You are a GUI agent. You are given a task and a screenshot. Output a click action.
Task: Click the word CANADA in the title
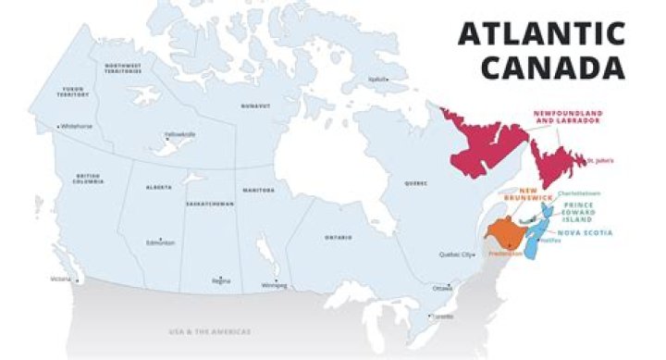pos(552,68)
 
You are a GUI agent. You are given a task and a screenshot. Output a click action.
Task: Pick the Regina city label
pos(220,280)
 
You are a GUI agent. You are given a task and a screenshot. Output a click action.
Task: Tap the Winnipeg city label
pos(275,285)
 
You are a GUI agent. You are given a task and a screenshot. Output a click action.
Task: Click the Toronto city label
pos(443,317)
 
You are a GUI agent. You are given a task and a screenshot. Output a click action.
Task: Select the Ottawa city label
pos(442,289)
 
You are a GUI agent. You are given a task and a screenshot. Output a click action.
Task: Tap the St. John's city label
pos(599,160)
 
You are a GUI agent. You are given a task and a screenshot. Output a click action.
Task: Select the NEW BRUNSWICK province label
pos(528,195)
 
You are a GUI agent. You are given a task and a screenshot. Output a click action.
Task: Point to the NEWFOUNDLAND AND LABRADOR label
pos(567,116)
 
